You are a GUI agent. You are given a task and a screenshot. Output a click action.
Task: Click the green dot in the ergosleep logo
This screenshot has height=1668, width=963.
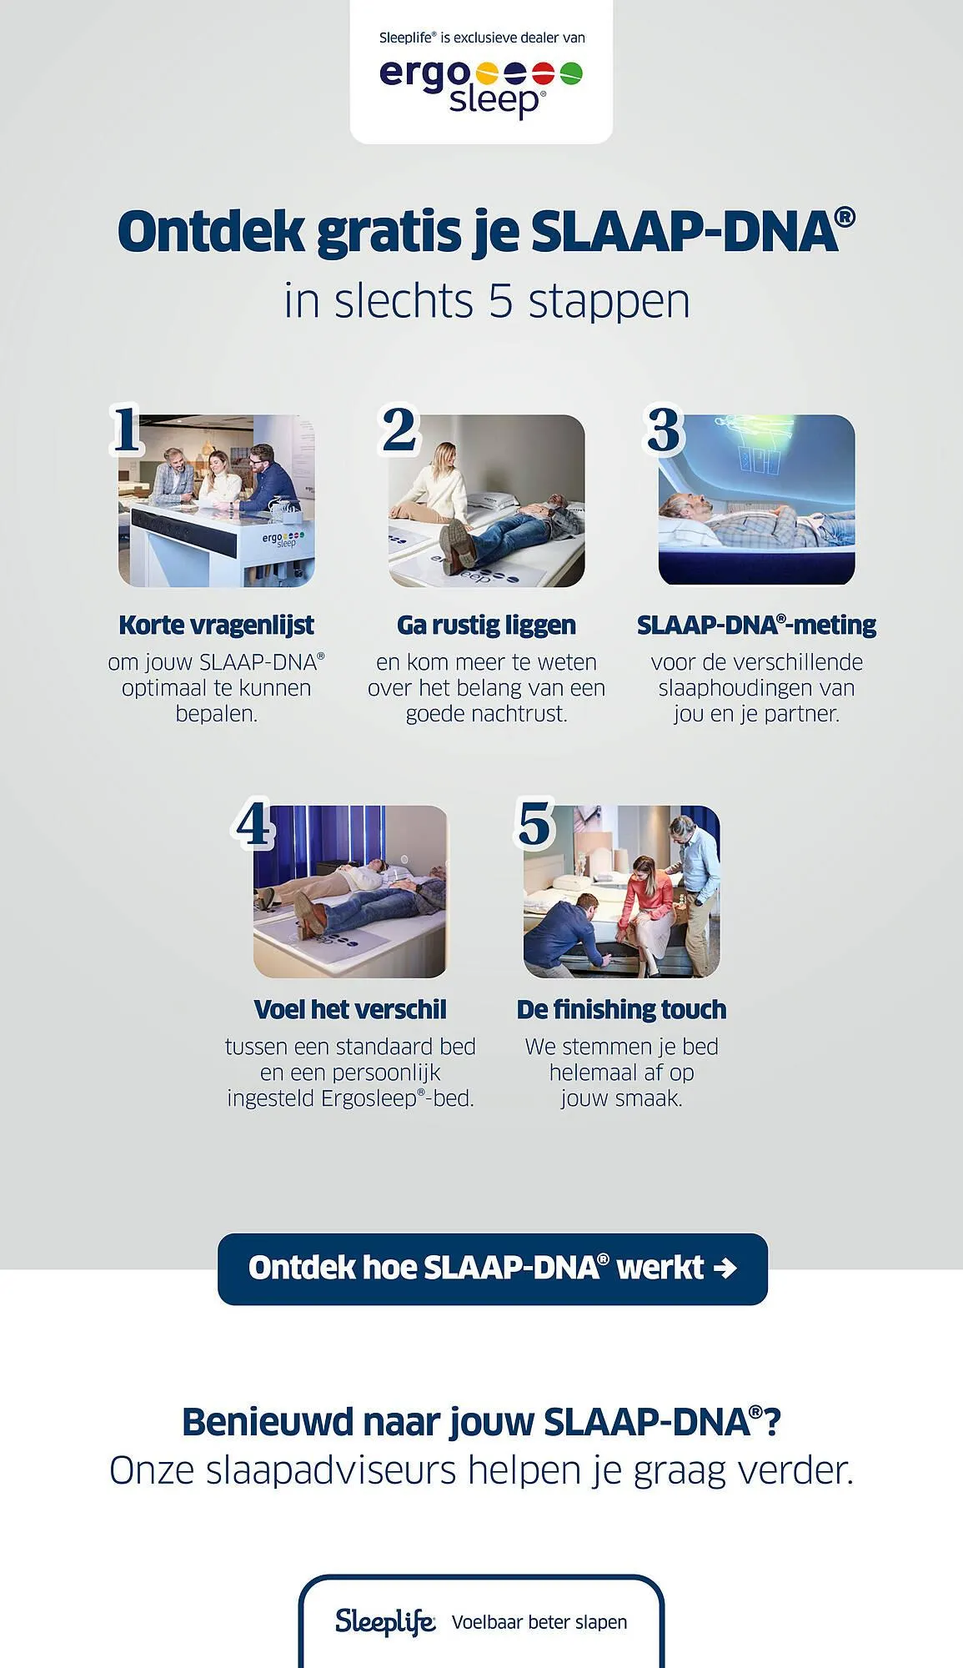tap(571, 74)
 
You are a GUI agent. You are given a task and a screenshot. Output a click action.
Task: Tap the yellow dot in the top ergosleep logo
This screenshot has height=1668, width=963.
tap(487, 74)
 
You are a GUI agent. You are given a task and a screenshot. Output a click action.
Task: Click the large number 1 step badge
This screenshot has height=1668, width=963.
tap(127, 430)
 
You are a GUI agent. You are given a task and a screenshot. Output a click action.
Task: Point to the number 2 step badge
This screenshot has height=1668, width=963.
tap(399, 430)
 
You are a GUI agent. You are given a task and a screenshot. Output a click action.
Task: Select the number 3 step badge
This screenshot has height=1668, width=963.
tap(665, 430)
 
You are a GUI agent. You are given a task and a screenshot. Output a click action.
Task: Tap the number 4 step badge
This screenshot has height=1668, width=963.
tap(254, 824)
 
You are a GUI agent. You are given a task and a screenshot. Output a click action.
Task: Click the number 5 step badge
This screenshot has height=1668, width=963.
tap(534, 823)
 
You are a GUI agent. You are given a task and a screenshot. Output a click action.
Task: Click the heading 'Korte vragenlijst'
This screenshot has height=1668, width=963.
tap(216, 625)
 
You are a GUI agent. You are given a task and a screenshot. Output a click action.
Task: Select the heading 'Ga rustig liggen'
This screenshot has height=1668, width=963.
tap(486, 625)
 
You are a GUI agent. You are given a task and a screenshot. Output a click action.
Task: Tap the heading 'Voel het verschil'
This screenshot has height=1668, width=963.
tap(350, 1009)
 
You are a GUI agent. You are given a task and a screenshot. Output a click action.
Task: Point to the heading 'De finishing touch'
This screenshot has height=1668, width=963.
tap(621, 1009)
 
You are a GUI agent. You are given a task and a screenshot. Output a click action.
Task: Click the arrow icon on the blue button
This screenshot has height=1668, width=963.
tap(725, 1269)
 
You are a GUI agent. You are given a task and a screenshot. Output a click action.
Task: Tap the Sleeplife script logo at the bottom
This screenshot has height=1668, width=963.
tap(384, 1621)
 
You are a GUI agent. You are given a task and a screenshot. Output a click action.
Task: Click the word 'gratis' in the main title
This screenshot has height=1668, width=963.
tap(389, 232)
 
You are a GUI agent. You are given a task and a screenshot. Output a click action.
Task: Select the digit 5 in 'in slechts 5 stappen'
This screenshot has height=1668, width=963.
tap(500, 301)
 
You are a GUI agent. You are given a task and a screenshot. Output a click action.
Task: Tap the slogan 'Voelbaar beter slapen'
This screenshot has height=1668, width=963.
tap(539, 1622)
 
